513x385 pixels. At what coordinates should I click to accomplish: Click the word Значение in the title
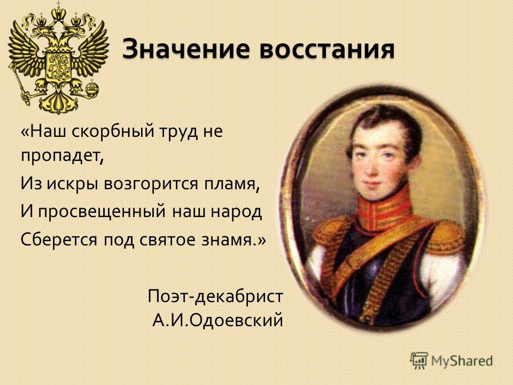[x=186, y=49]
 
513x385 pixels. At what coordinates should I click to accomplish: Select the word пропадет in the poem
[x=62, y=156]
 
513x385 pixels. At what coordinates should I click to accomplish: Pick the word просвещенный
[x=102, y=212]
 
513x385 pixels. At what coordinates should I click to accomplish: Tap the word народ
[x=236, y=212]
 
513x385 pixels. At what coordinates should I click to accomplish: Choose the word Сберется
[x=59, y=240]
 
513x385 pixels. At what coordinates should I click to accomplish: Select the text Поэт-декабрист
[x=215, y=296]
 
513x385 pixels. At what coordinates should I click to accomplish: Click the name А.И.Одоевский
[x=217, y=320]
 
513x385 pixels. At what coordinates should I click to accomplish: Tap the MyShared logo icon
[x=419, y=361]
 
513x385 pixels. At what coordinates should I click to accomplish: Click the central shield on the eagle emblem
[x=59, y=66]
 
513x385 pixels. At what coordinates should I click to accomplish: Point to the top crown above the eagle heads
[x=59, y=13]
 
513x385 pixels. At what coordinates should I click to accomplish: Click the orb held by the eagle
[x=92, y=88]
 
